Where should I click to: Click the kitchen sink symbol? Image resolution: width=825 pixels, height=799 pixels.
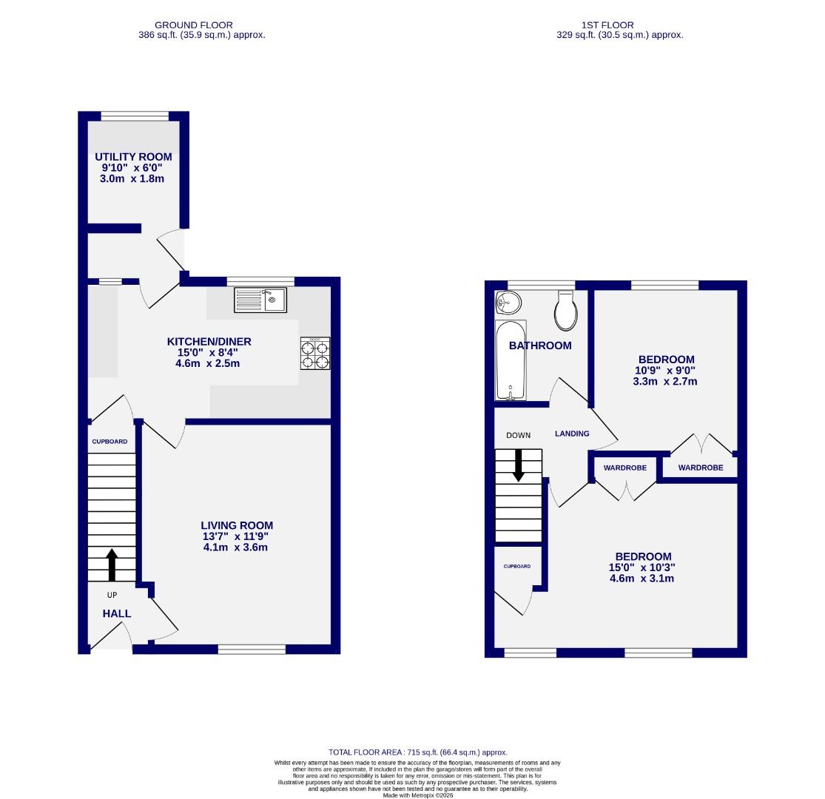pyautogui.click(x=260, y=300)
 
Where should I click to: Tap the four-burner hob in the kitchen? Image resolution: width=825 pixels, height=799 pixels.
pyautogui.click(x=315, y=354)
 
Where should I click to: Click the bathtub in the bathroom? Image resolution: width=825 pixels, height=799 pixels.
pyautogui.click(x=511, y=361)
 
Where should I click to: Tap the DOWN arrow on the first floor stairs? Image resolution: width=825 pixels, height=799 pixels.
pyautogui.click(x=518, y=465)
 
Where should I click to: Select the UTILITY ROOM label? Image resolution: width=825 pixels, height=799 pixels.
pyautogui.click(x=133, y=157)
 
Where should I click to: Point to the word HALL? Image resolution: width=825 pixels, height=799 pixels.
pyautogui.click(x=117, y=613)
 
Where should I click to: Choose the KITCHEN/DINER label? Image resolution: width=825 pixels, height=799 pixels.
pyautogui.click(x=209, y=341)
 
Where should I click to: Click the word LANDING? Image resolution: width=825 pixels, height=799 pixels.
pyautogui.click(x=572, y=434)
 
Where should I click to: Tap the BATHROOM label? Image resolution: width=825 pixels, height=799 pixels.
pyautogui.click(x=540, y=345)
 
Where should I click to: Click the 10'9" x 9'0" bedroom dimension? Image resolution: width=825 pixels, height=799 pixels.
pyautogui.click(x=664, y=371)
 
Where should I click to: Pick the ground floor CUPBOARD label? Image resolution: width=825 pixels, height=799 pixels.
pyautogui.click(x=110, y=442)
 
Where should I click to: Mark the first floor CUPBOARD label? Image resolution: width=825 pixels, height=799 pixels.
pyautogui.click(x=517, y=567)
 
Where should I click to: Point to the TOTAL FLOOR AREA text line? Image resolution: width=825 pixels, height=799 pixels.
pyautogui.click(x=419, y=752)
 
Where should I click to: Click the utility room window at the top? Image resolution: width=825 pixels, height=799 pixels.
pyautogui.click(x=134, y=115)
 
